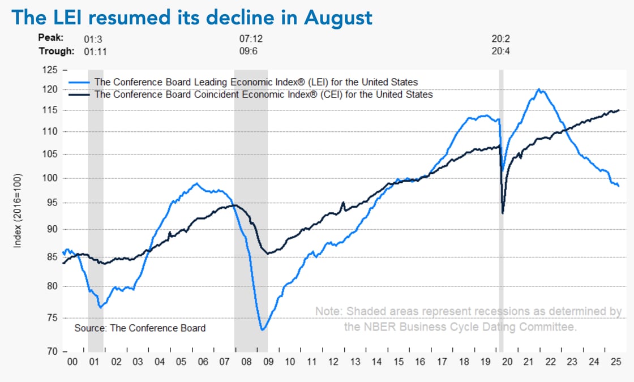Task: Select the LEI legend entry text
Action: (256, 82)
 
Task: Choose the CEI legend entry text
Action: (263, 95)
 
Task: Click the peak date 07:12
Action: (252, 39)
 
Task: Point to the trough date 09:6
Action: (250, 51)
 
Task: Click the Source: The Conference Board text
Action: (140, 328)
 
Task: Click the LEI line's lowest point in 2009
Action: (263, 329)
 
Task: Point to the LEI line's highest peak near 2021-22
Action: (538, 89)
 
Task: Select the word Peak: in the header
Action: (50, 39)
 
